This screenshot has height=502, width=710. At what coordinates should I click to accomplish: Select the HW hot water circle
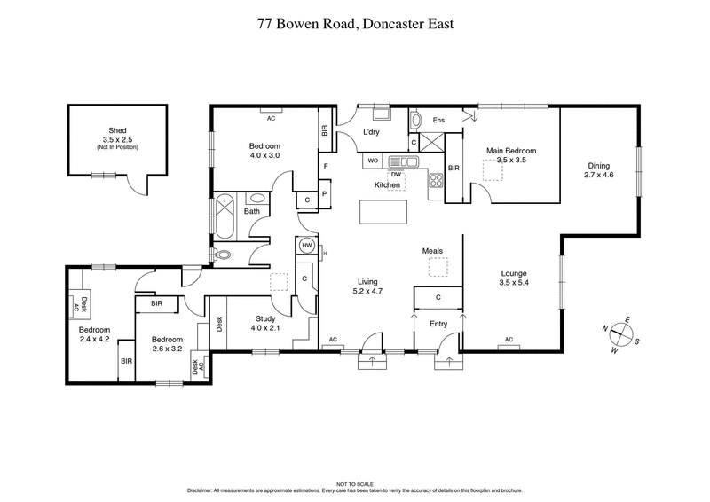pyautogui.click(x=307, y=246)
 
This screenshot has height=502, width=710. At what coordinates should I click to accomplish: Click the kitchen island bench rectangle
pyautogui.click(x=383, y=213)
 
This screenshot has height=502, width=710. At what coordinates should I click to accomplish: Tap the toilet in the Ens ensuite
pyautogui.click(x=417, y=121)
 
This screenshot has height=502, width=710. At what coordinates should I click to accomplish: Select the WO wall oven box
pyautogui.click(x=373, y=161)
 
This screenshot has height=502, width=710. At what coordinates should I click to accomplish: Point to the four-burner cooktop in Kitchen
pyautogui.click(x=437, y=180)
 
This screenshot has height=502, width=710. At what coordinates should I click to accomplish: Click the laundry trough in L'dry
pyautogui.click(x=383, y=114)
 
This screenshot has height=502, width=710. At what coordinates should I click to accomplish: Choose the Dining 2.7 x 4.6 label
pyautogui.click(x=600, y=170)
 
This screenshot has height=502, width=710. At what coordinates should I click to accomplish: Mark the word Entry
pyautogui.click(x=438, y=325)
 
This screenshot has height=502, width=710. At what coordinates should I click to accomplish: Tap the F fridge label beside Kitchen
pyautogui.click(x=326, y=167)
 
